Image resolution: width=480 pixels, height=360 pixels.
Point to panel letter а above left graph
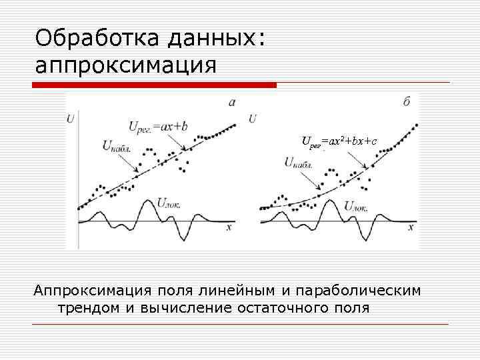pyautogui.click(x=231, y=102)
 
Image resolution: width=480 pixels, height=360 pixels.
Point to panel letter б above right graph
pyautogui.click(x=407, y=102)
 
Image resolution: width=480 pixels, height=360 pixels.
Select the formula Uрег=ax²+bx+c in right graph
pyautogui.click(x=339, y=141)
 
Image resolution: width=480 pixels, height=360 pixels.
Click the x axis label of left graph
pyautogui.click(x=229, y=227)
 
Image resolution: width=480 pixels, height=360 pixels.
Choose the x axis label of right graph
pyautogui.click(x=411, y=227)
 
